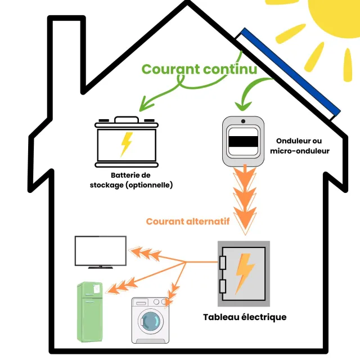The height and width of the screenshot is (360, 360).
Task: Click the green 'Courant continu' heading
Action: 199,69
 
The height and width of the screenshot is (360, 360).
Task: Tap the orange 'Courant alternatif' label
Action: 187,222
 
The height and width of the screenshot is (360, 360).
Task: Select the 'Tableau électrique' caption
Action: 244,317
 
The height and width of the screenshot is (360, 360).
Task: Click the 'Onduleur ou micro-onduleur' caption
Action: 299,146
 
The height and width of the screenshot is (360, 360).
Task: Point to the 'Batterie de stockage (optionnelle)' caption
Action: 131,180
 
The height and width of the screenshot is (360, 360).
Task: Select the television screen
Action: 101,250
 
